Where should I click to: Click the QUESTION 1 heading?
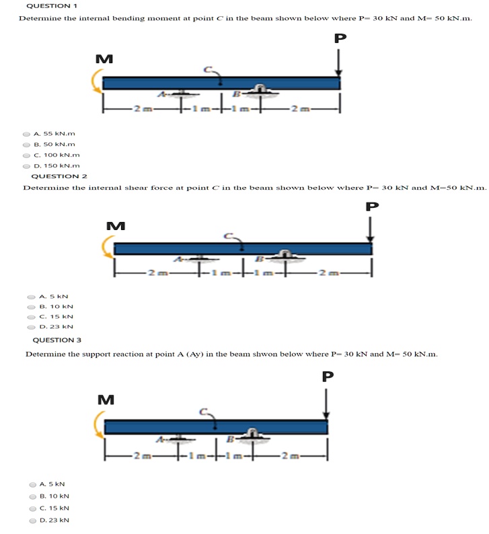[x=52, y=5]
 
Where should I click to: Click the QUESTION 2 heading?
[x=60, y=176]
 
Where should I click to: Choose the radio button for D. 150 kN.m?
[x=26, y=165]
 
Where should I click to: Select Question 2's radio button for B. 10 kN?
[x=31, y=306]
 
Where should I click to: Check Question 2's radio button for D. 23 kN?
[x=31, y=327]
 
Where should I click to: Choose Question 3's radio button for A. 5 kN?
[x=32, y=484]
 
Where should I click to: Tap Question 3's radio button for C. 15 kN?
[x=32, y=508]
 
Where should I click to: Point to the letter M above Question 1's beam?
[x=104, y=59]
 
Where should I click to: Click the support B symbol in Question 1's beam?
[x=260, y=92]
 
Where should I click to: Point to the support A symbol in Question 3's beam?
[x=177, y=440]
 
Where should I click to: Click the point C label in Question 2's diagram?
[x=229, y=236]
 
